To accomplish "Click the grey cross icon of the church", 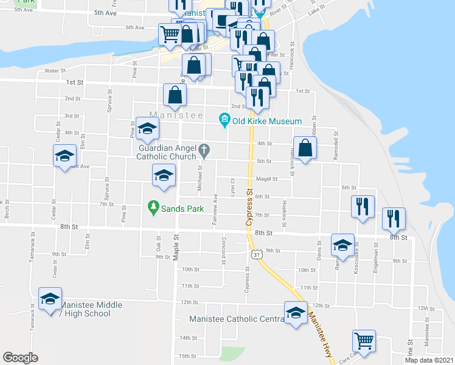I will (205, 148).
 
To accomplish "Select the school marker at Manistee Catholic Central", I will (296, 313).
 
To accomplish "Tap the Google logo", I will (20, 358).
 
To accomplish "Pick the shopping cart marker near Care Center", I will (364, 341).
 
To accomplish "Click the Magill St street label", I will (266, 179).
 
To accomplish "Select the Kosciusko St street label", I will (356, 256).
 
